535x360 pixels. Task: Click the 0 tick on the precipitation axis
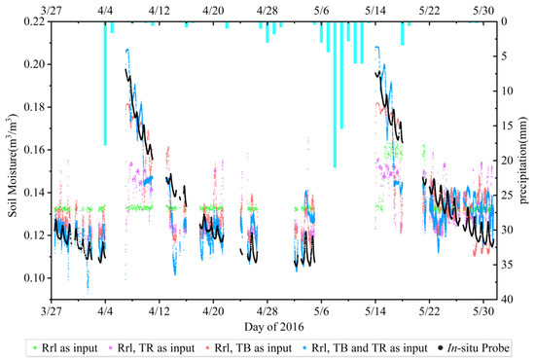pyautogui.click(x=501, y=21)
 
